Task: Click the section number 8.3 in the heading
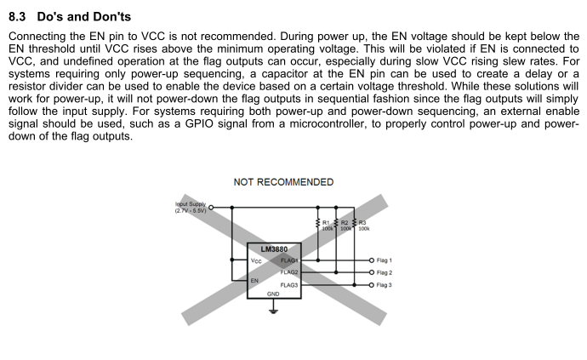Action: (x=18, y=17)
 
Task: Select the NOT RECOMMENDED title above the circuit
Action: (x=283, y=182)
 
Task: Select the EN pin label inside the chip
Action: (x=254, y=279)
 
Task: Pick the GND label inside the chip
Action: (x=273, y=293)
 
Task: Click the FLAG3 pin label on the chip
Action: (x=289, y=285)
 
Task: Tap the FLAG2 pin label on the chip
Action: (x=289, y=272)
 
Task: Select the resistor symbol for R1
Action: (x=317, y=223)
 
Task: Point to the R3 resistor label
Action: (x=362, y=223)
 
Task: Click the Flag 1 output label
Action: (x=385, y=260)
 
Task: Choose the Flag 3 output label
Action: (x=385, y=285)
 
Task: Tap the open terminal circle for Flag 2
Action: (x=371, y=272)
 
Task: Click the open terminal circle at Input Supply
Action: (x=211, y=207)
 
